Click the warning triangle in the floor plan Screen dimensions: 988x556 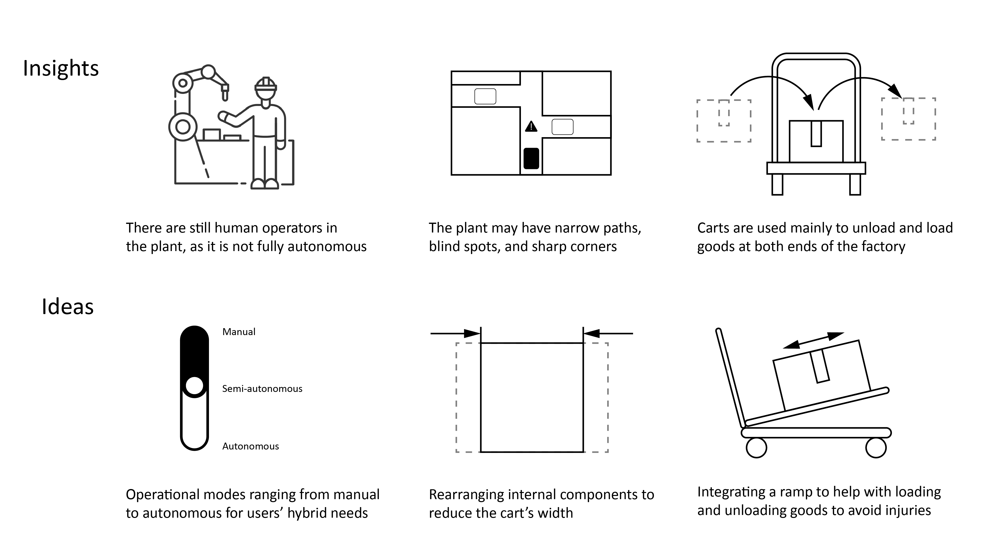pos(531,126)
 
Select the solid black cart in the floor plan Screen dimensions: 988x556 pos(531,158)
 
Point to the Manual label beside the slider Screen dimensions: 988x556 pos(239,332)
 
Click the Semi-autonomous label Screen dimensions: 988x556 pos(262,389)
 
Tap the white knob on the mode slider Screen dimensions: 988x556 pos(194,386)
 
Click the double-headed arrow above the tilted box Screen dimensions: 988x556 pos(813,340)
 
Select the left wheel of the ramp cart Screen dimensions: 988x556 pos(756,448)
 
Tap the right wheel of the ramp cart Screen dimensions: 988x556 pos(876,448)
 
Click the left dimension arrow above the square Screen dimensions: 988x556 pos(455,333)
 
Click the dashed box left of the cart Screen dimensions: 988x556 pos(724,121)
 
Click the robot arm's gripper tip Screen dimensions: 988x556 pos(225,96)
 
